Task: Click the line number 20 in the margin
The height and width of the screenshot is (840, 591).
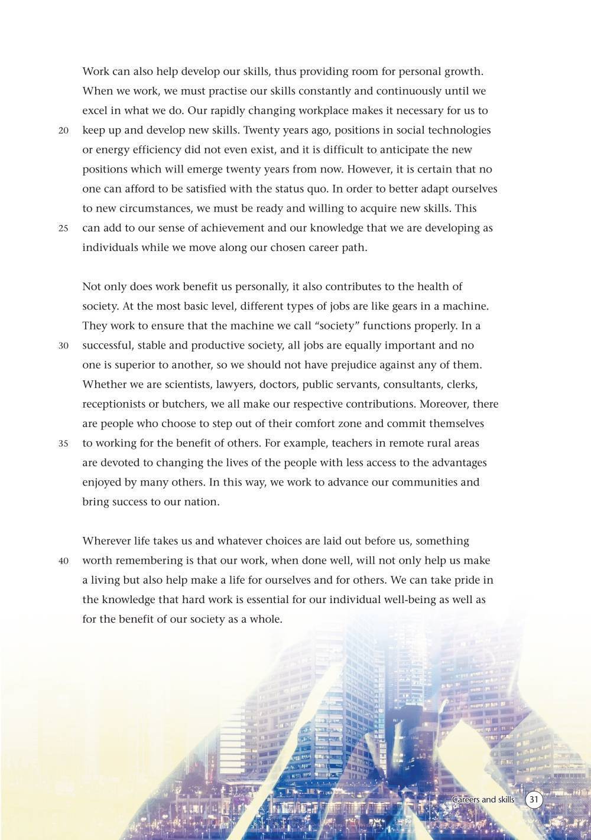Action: [64, 131]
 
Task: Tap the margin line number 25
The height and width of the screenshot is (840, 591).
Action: [64, 229]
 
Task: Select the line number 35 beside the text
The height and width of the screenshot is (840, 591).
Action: [64, 444]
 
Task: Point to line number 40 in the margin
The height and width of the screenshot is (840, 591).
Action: [64, 561]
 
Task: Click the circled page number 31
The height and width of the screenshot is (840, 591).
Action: [534, 800]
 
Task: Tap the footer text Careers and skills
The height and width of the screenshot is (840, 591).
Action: [483, 800]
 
